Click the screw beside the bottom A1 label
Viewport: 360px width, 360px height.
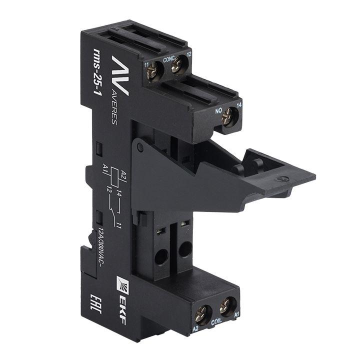[x=227, y=303]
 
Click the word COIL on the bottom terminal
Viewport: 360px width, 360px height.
[x=216, y=323]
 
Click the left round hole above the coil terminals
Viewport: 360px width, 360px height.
[x=161, y=257]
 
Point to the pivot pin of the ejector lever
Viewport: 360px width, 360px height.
[x=141, y=146]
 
